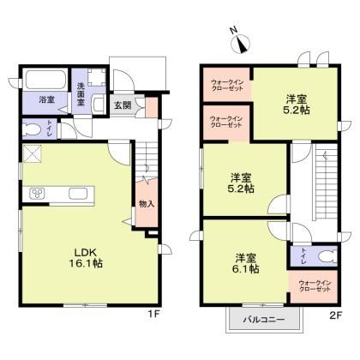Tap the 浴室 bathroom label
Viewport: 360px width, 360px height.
pos(45,99)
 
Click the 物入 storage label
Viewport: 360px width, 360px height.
pos(146,203)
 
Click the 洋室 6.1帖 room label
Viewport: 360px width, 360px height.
pos(245,261)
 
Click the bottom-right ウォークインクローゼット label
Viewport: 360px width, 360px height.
pos(313,285)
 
